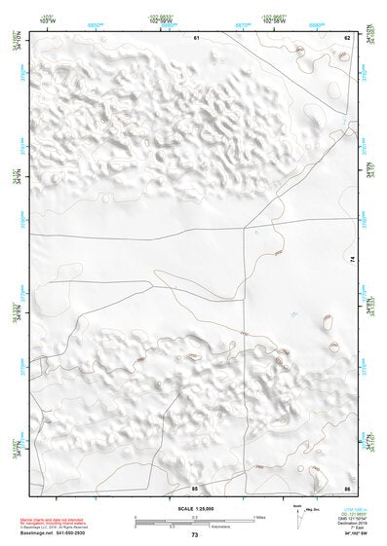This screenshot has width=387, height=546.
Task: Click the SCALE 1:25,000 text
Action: [x=195, y=508]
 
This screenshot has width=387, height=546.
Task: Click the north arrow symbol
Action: [x=296, y=513]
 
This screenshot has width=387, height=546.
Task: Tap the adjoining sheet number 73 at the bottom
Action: [x=195, y=536]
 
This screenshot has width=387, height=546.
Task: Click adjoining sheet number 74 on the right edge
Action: [x=352, y=259]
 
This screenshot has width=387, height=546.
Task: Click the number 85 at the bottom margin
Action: [x=195, y=487]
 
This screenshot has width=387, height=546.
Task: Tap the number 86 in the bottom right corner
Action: [x=346, y=487]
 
